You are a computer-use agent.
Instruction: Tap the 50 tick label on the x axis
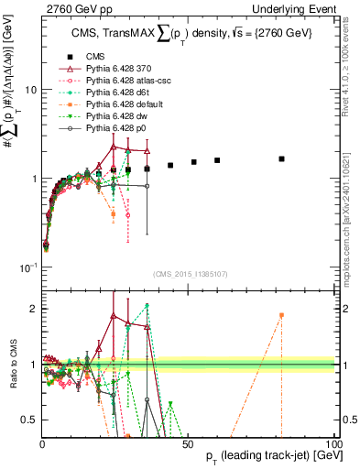(188, 442)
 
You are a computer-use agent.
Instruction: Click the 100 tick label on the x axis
(334, 442)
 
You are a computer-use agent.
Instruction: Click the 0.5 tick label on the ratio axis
(30, 420)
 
